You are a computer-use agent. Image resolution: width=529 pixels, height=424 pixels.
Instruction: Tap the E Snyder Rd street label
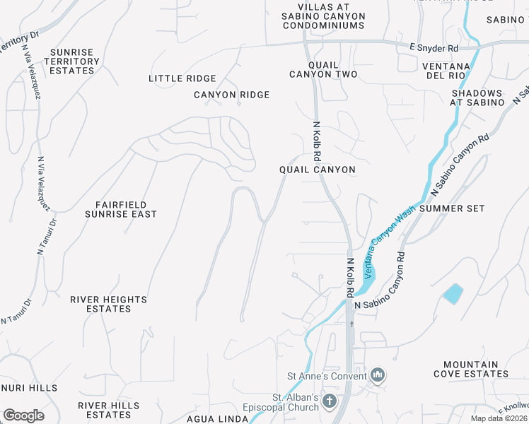coord(434,48)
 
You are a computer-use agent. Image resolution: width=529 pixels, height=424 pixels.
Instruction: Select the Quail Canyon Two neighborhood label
coord(323,69)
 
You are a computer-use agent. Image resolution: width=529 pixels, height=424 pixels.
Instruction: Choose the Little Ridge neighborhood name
coord(182,78)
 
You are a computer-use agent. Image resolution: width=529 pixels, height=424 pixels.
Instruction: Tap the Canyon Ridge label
coord(232,95)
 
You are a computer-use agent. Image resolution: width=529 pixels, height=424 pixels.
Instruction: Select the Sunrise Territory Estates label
coord(72,61)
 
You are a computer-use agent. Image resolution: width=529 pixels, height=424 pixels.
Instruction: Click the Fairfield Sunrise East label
coord(120,208)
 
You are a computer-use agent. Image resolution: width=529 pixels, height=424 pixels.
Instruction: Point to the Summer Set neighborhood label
coord(452,208)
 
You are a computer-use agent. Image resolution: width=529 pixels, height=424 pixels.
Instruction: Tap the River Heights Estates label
coord(108,304)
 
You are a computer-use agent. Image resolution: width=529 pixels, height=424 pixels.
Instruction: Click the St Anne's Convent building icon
coord(378,375)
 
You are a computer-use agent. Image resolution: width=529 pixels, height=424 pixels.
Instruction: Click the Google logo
coord(23,416)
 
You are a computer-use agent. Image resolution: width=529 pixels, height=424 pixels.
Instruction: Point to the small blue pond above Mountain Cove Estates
coord(453,293)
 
